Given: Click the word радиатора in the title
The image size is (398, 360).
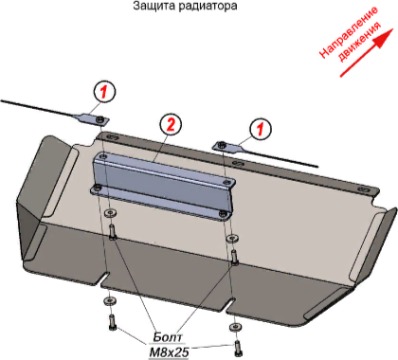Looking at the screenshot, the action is click(x=208, y=7).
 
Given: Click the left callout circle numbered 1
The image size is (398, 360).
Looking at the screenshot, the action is click(x=104, y=91).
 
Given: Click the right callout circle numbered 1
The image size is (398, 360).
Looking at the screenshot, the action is click(x=261, y=129).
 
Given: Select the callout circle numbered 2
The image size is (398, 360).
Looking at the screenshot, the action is click(x=171, y=125).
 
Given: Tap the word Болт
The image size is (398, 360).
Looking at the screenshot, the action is click(x=168, y=337).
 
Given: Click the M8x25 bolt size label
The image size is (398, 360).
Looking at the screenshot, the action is click(x=169, y=352).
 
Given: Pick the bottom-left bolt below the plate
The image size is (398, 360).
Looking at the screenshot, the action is click(x=112, y=322).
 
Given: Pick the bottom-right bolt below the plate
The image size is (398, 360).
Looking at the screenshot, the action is click(x=237, y=348).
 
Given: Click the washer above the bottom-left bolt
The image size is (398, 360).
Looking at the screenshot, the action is click(x=109, y=300).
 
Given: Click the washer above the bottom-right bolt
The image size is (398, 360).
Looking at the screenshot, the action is click(x=234, y=327).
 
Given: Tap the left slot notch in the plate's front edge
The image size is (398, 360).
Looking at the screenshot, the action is click(x=104, y=279).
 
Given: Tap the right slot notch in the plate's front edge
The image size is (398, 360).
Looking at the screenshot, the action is click(x=230, y=305).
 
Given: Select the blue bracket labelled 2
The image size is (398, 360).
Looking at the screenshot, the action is click(x=163, y=184).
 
